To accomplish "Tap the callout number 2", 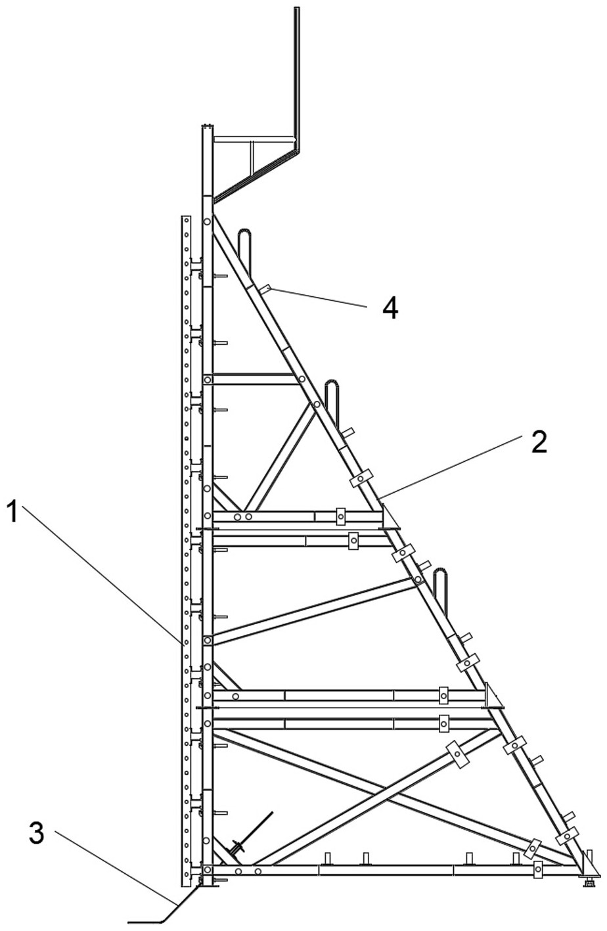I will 538,443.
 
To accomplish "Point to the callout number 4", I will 391,307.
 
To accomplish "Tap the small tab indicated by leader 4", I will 265,288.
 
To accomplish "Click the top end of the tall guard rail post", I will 297,9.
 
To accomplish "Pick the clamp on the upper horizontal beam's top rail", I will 340,516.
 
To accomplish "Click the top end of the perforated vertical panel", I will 186,217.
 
